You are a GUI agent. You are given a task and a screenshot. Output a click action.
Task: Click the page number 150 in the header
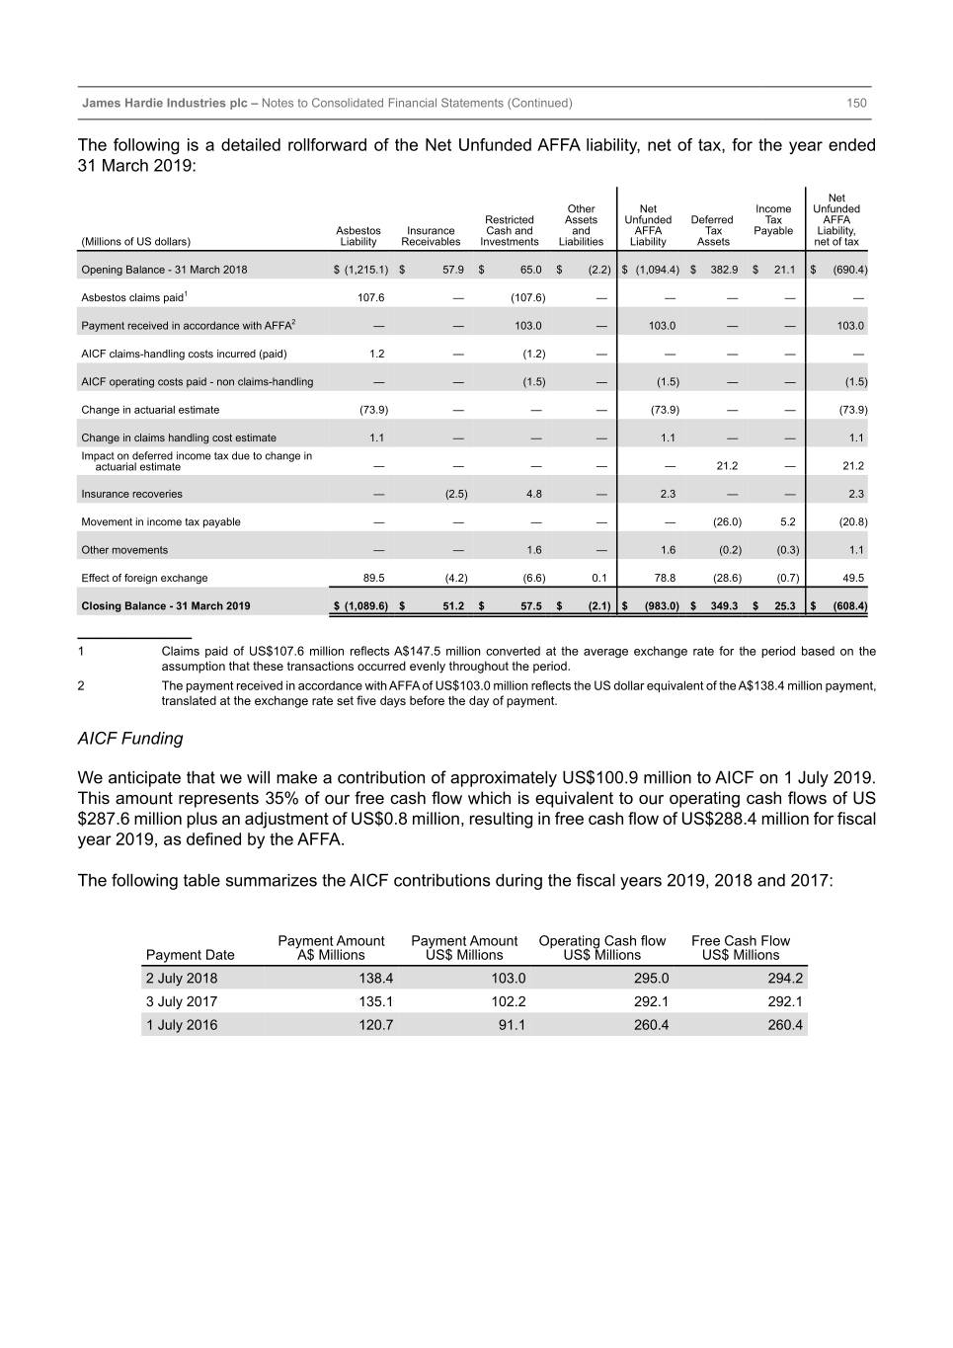856,103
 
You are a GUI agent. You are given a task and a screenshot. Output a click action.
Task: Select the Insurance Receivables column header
431,236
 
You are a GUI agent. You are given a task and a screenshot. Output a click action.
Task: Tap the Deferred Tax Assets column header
712,231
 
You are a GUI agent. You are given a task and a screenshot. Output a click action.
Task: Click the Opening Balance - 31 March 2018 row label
164,270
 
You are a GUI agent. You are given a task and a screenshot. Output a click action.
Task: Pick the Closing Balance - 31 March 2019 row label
166,606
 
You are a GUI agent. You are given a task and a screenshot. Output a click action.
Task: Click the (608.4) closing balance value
848,606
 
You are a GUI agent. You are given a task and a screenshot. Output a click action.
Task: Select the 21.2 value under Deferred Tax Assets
727,466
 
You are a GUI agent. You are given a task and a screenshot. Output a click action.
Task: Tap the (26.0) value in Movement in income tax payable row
727,522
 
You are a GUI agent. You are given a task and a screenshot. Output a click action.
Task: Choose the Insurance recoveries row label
131,494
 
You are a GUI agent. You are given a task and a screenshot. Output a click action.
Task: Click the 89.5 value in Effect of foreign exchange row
373,579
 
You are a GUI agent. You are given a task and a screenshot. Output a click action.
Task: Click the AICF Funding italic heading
130,739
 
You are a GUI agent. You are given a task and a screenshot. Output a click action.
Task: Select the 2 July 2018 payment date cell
182,979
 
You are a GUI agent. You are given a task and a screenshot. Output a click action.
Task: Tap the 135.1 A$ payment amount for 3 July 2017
375,1001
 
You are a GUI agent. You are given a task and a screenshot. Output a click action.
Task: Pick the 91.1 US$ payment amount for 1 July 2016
512,1025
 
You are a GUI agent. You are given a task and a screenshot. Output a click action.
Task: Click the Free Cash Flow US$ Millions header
741,948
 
